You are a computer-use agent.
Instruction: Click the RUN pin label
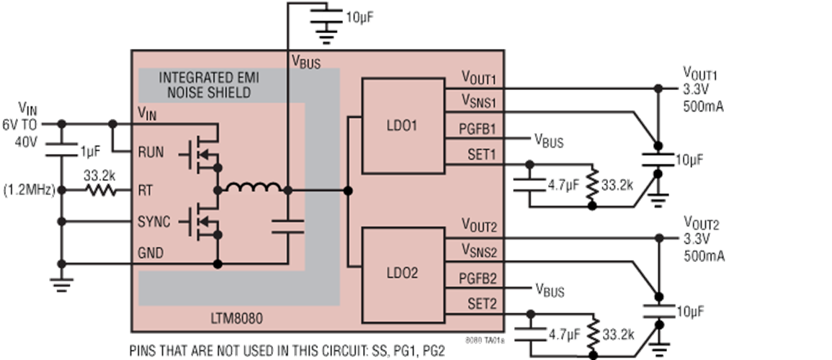(x=151, y=152)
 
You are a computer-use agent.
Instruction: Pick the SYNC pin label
(x=153, y=222)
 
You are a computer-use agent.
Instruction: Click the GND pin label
(x=151, y=253)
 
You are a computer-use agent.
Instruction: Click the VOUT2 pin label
(x=480, y=228)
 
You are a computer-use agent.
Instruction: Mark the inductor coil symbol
(x=252, y=189)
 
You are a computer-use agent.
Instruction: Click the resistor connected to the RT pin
(x=101, y=190)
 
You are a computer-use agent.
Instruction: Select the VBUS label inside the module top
(x=306, y=63)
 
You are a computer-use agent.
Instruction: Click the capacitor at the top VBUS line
(x=326, y=16)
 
